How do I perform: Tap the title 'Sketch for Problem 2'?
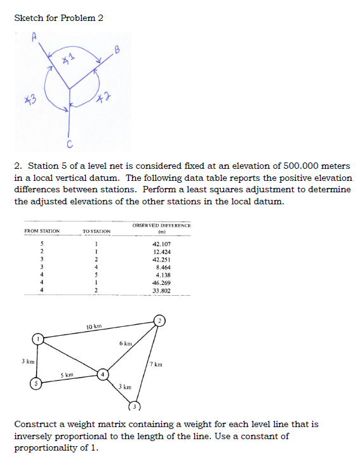click(x=58, y=17)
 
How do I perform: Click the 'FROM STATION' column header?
click(x=42, y=231)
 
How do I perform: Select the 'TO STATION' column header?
click(x=97, y=231)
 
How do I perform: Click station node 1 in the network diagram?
click(x=39, y=340)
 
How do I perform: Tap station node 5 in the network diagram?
click(x=37, y=383)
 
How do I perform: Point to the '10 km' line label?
click(x=94, y=326)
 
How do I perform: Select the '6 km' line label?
click(x=125, y=344)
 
